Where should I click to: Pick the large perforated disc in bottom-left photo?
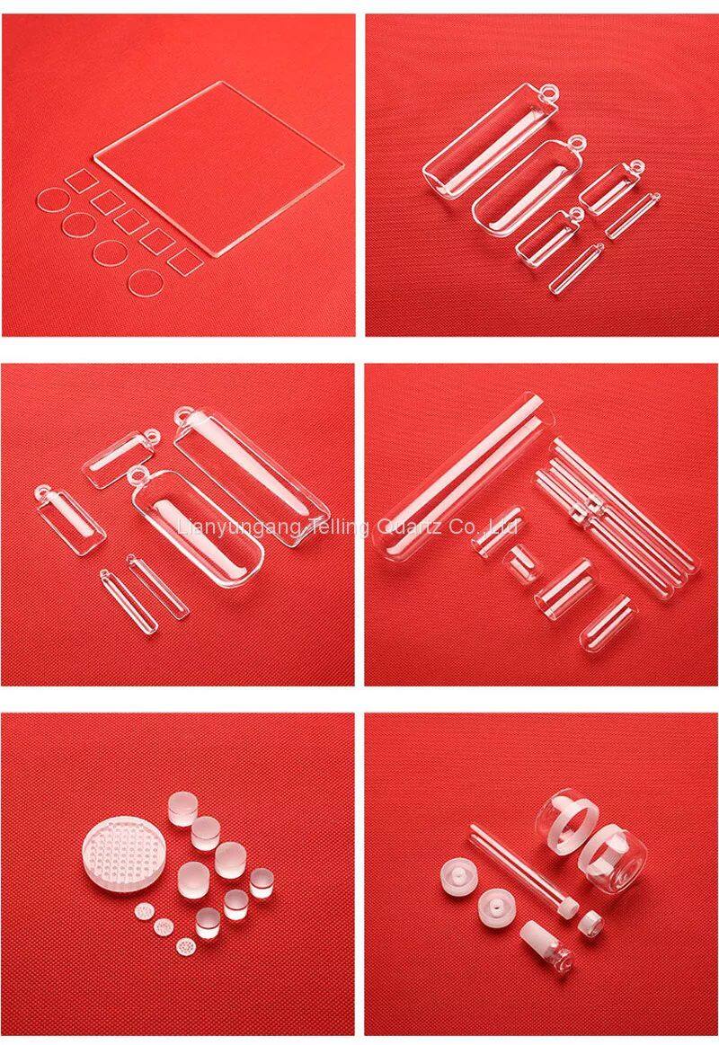125,856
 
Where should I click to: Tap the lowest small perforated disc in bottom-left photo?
185,945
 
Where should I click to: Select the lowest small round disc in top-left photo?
146,283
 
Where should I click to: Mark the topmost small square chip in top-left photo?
82,180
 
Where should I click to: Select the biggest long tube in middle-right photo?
466,477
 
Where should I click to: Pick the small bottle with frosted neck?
546,942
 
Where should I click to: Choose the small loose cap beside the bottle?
590,923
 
